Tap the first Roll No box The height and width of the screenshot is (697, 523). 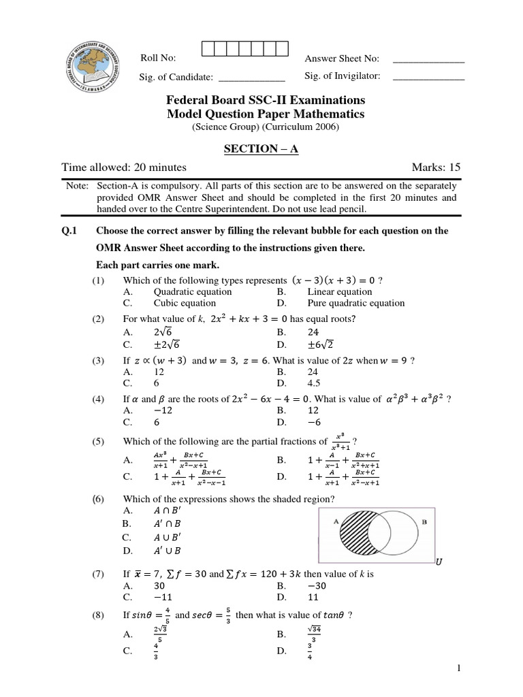click(208, 48)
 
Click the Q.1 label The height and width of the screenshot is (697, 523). click(69, 231)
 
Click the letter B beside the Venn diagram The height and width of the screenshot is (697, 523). click(424, 523)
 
